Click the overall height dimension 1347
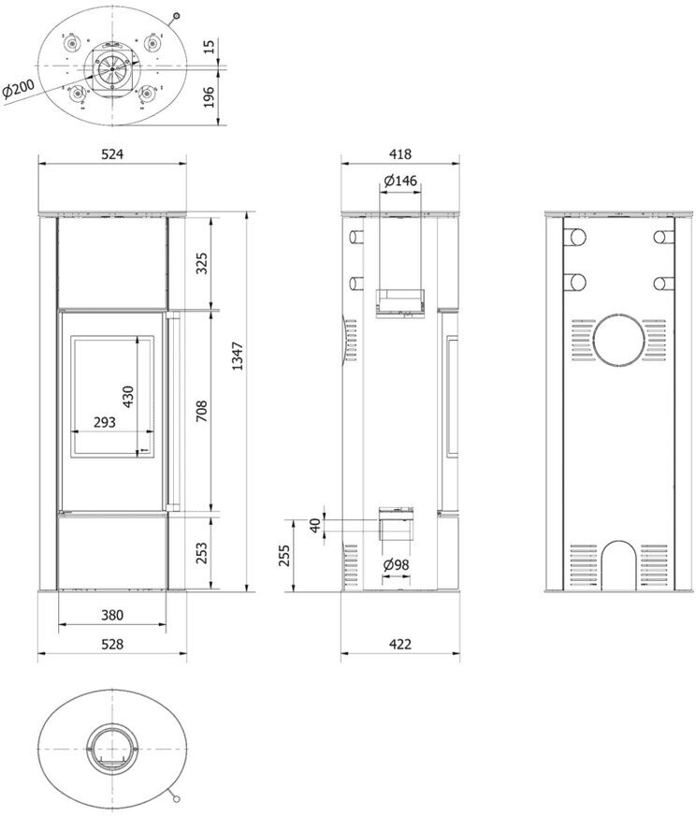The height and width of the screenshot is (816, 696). [x=238, y=356]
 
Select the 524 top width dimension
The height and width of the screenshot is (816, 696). [x=112, y=154]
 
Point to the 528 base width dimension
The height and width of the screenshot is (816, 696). [x=112, y=644]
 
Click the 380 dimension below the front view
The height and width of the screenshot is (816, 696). [x=112, y=615]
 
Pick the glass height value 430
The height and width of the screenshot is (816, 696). [x=127, y=396]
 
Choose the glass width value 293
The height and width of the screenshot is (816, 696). [x=105, y=422]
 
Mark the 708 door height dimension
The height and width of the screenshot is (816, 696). [x=201, y=411]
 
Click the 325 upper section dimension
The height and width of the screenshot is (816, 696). [x=201, y=263]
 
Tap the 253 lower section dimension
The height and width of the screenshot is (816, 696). [x=201, y=553]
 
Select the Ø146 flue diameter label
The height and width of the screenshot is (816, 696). [x=400, y=181]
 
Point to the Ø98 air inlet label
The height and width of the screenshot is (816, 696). [x=397, y=565]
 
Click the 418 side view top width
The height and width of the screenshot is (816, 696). [x=400, y=154]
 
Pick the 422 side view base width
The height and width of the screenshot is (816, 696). [x=400, y=644]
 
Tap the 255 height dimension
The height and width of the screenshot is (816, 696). [x=284, y=556]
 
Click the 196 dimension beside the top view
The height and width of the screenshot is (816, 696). [x=208, y=97]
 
